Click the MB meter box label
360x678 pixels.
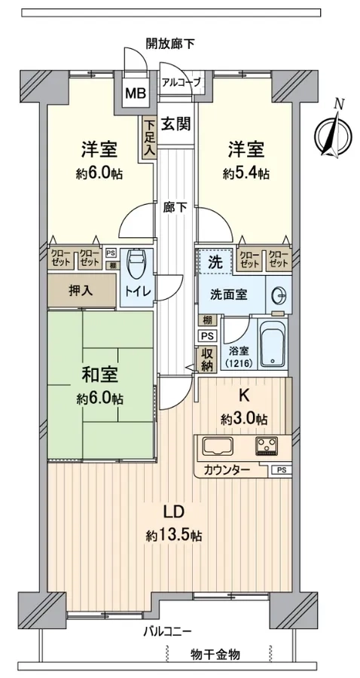136,92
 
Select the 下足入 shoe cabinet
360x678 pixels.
149,139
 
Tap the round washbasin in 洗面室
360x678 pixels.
278,296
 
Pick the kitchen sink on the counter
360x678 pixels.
218,446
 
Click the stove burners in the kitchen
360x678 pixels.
267,446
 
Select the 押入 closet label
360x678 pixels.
81,291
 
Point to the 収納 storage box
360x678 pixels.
206,360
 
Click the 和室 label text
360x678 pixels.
100,375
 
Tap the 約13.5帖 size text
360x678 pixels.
174,536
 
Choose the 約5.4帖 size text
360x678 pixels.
246,174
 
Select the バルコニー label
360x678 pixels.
167,632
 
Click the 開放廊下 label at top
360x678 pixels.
170,43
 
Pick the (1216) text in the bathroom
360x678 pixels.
236,363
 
